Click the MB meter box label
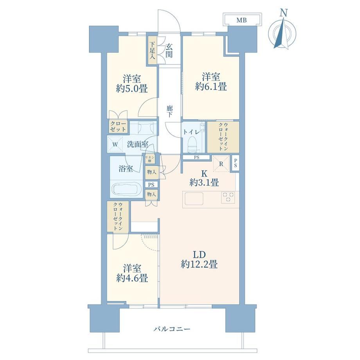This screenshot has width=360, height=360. click(x=241, y=20)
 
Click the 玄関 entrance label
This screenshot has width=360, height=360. click(x=169, y=51)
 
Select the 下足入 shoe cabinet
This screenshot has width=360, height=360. click(x=152, y=51)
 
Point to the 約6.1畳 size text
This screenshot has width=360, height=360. click(x=211, y=87)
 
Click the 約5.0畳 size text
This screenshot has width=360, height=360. click(x=132, y=88)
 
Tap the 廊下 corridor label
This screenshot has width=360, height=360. click(x=170, y=111)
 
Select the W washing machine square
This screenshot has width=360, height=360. click(x=115, y=144)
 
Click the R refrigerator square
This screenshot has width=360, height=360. click(x=221, y=164)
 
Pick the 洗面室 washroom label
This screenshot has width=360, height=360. click(x=138, y=144)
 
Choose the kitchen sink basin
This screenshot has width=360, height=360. click(x=194, y=198)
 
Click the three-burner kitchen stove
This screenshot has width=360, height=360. click(x=228, y=197)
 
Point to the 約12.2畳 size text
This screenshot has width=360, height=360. click(x=199, y=265)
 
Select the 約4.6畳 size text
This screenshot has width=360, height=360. click(x=132, y=278)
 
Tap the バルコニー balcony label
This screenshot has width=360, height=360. click(x=172, y=329)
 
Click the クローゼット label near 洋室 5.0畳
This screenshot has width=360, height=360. click(x=118, y=126)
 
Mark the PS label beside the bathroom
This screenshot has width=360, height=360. click(x=151, y=185)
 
